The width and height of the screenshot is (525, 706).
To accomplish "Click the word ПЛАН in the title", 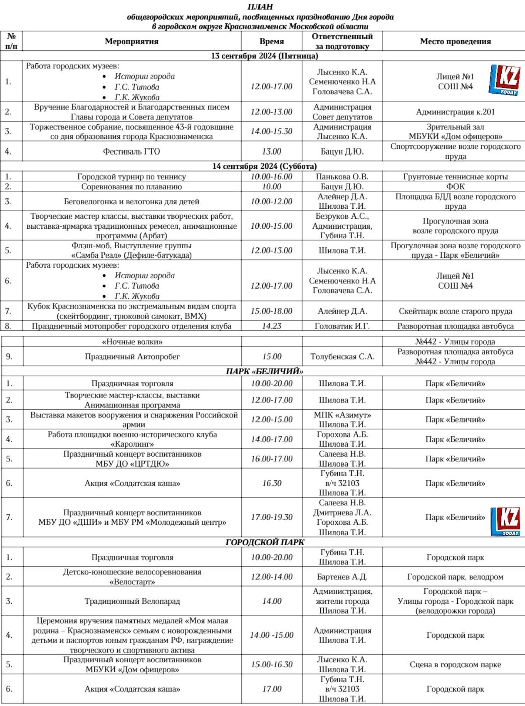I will click(x=260, y=7).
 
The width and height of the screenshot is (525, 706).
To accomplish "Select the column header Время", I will click(x=272, y=41).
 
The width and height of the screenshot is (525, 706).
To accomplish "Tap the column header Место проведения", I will click(x=455, y=41).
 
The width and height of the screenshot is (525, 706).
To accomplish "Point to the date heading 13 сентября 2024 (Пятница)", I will click(x=265, y=56).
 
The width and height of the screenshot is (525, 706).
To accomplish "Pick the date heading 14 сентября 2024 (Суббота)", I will click(x=265, y=166).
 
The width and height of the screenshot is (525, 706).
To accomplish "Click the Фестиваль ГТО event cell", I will click(x=131, y=151).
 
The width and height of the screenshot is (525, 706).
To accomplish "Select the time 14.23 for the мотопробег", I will click(x=272, y=326).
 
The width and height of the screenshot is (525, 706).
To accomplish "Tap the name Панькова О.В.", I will click(x=342, y=177).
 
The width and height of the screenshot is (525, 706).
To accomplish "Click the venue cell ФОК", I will click(x=455, y=187).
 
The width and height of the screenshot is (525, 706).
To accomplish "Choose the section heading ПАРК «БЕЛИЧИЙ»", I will click(x=265, y=371).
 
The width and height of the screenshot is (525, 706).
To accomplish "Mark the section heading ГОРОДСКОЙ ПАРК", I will click(x=265, y=543).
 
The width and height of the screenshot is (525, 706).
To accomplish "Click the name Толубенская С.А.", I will click(x=342, y=357).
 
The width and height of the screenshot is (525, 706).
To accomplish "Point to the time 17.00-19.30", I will click(x=272, y=517).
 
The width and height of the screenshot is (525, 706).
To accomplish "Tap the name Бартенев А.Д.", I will click(x=342, y=577).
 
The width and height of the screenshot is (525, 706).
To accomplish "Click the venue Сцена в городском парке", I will click(x=455, y=664).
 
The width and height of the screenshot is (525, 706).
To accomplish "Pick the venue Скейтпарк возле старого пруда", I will click(x=455, y=311).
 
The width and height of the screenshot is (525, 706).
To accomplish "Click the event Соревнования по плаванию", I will click(x=131, y=187).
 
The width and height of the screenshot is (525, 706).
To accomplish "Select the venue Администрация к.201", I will click(x=455, y=112).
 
